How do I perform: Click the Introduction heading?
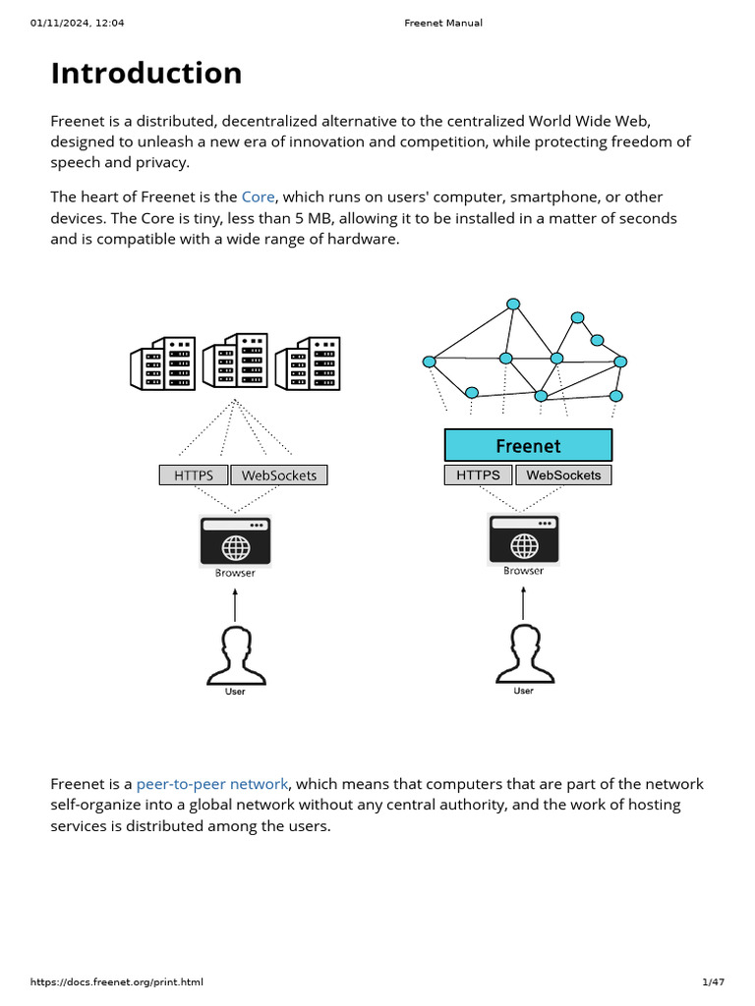[x=146, y=74]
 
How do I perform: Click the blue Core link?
[x=258, y=197]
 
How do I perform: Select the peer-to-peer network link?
[x=212, y=784]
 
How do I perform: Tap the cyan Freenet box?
[x=528, y=445]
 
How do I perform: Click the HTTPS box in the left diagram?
[x=194, y=475]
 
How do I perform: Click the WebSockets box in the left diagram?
[x=279, y=475]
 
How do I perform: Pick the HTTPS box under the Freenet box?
[x=478, y=475]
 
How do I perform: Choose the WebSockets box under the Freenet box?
[x=563, y=475]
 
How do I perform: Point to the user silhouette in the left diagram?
[x=235, y=655]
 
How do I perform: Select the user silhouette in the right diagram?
[x=524, y=654]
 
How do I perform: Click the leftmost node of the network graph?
[x=429, y=363]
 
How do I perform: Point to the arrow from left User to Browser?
[x=235, y=605]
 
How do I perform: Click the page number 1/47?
[x=713, y=982]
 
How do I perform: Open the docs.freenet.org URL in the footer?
[x=117, y=982]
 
